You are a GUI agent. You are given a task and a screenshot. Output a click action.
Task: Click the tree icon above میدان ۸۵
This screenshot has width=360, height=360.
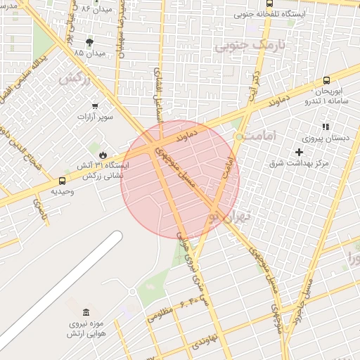click(89, 42)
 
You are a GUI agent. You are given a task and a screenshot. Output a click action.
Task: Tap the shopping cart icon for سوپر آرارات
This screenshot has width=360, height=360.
click(95, 106)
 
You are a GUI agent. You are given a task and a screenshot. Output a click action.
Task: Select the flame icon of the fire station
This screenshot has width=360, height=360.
click(103, 154)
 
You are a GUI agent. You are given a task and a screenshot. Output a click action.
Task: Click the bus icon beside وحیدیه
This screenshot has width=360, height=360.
click(63, 181)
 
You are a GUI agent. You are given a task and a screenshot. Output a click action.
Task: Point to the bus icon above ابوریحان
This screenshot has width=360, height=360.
click(326, 81)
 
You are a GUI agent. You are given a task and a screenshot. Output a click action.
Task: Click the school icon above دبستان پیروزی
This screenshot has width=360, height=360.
click(326, 127)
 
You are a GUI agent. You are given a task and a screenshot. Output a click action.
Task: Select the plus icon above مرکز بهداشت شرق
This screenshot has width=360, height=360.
click(300, 152)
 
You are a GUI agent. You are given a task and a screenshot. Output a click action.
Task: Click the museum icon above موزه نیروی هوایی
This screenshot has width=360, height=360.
click(86, 312)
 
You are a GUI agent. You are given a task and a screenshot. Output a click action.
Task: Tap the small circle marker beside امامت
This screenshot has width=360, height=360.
click(240, 135)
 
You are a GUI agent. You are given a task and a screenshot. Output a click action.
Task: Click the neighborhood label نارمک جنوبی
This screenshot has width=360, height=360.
click(238, 47)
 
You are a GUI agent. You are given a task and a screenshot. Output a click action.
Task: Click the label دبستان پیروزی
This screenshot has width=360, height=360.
click(326, 139)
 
